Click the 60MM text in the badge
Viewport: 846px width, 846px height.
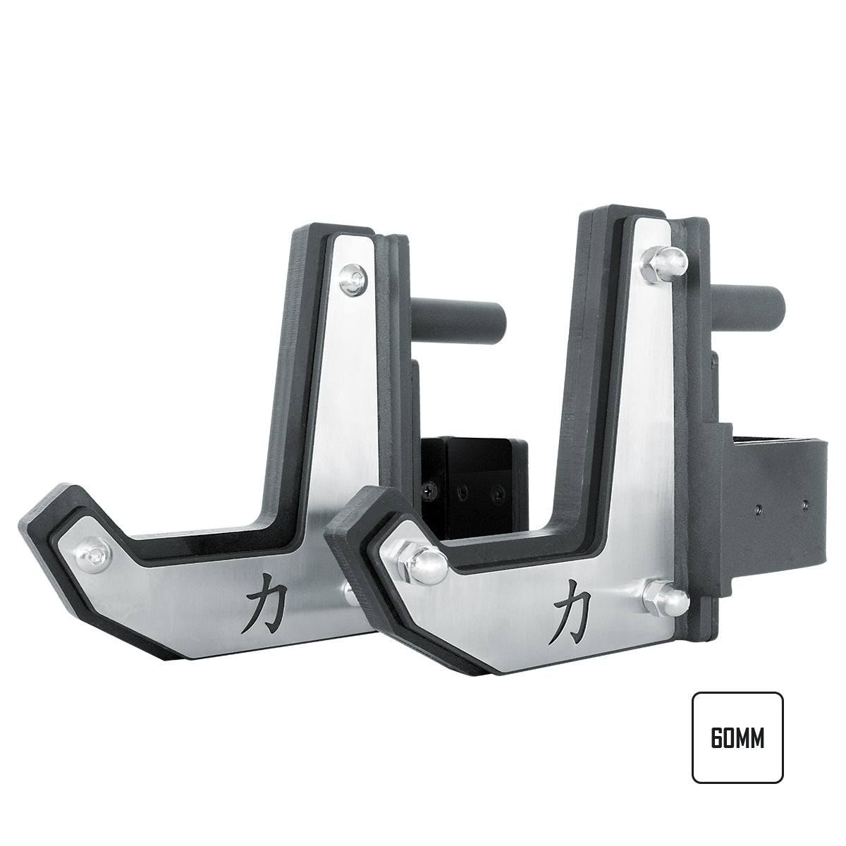[737, 737]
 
